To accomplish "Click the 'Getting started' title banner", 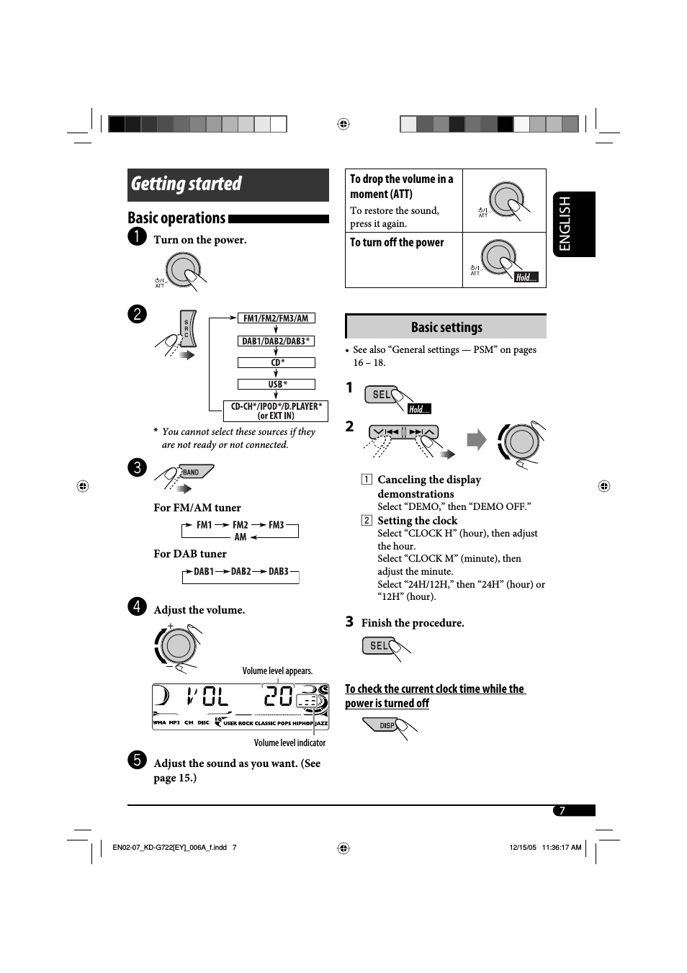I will pyautogui.click(x=228, y=184).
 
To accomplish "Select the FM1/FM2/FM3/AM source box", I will pyautogui.click(x=276, y=318).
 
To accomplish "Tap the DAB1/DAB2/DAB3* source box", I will pyautogui.click(x=276, y=341).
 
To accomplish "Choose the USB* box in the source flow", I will pyautogui.click(x=277, y=385).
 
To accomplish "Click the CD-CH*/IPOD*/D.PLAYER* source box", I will pyautogui.click(x=276, y=411).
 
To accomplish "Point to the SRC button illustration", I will pyautogui.click(x=187, y=329).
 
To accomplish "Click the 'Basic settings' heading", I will pyautogui.click(x=446, y=328).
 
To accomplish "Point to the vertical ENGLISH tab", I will pyautogui.click(x=574, y=224).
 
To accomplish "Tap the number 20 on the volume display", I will pyautogui.click(x=278, y=696).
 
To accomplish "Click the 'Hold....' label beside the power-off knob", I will pyautogui.click(x=526, y=277).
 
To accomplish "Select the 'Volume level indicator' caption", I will pyautogui.click(x=289, y=743).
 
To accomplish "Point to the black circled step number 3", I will pyautogui.click(x=137, y=467).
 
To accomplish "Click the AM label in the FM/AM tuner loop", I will pyautogui.click(x=240, y=537).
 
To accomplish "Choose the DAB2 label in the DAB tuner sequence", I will pyautogui.click(x=241, y=572).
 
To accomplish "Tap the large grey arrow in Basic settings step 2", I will pyautogui.click(x=476, y=439).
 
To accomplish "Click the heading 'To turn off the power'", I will pyautogui.click(x=397, y=243).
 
